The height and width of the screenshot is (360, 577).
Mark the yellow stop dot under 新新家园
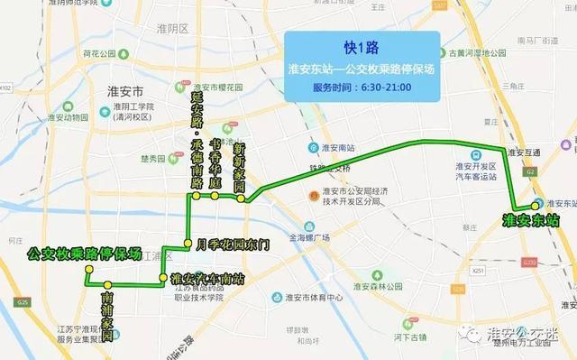pos(242,198)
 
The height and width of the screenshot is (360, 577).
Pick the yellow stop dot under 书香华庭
pos(215,195)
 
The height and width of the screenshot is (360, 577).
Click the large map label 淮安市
pos(126,92)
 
